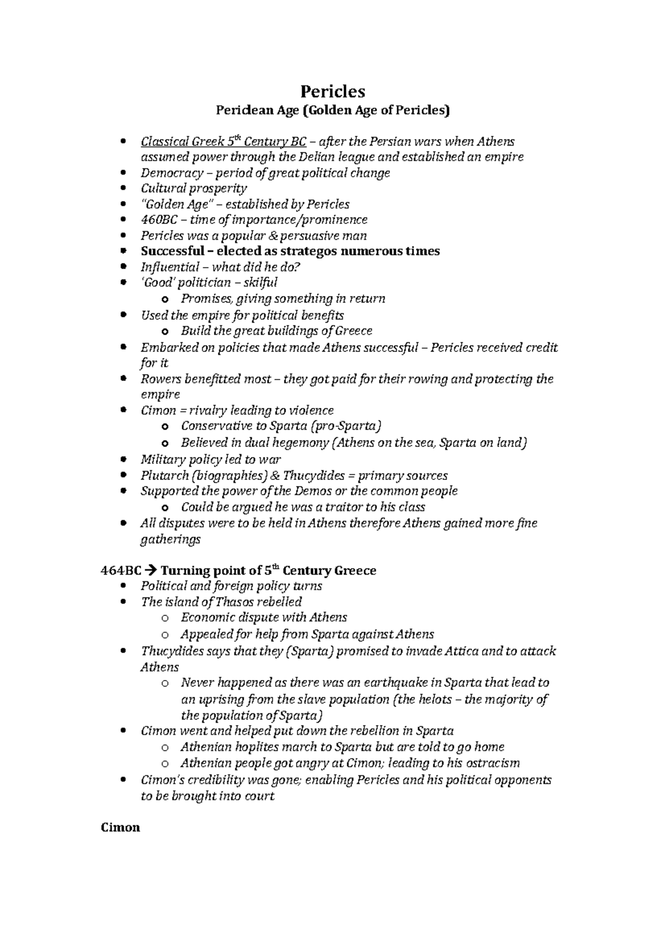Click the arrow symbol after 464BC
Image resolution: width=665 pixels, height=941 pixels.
(152, 570)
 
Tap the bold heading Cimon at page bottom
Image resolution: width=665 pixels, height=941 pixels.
(120, 828)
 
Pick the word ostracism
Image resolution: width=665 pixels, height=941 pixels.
(492, 763)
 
